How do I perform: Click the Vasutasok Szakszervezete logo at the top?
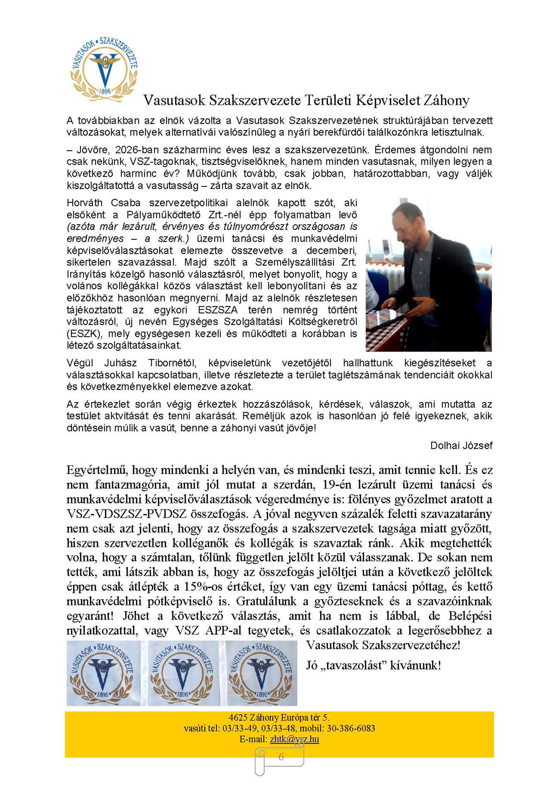tap(104, 69)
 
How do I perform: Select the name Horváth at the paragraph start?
tap(85, 203)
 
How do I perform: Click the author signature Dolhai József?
tap(461, 445)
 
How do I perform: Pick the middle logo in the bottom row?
tap(183, 673)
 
